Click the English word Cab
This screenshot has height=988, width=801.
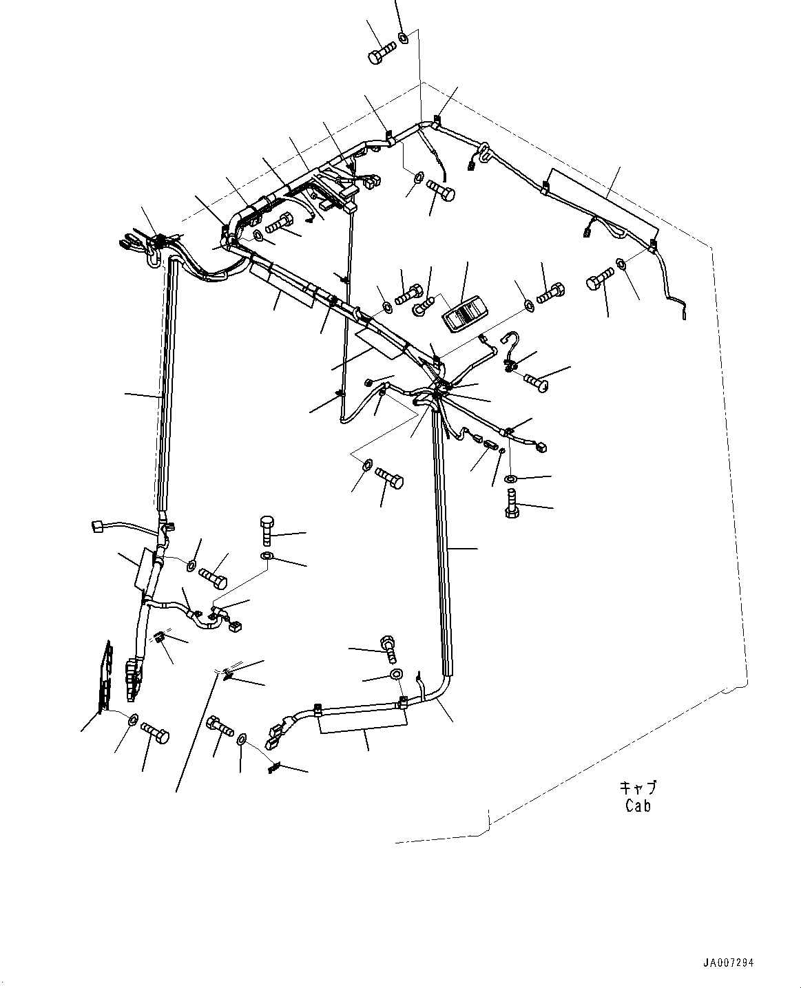(638, 805)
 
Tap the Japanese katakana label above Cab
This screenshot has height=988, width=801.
(638, 787)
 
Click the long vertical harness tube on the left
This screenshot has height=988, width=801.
(165, 386)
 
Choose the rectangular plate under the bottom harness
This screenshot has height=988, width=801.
(363, 722)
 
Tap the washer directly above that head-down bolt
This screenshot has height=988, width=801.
(511, 479)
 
